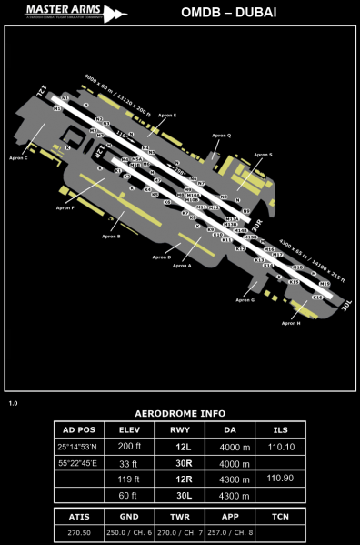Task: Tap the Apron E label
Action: tap(168, 116)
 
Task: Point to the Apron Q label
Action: tap(222, 135)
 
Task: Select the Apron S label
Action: tap(263, 155)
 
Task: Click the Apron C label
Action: tap(18, 157)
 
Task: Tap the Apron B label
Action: tap(112, 237)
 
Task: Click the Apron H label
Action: tap(291, 323)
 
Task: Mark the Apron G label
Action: tap(245, 299)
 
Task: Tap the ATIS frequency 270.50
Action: tap(76, 534)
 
